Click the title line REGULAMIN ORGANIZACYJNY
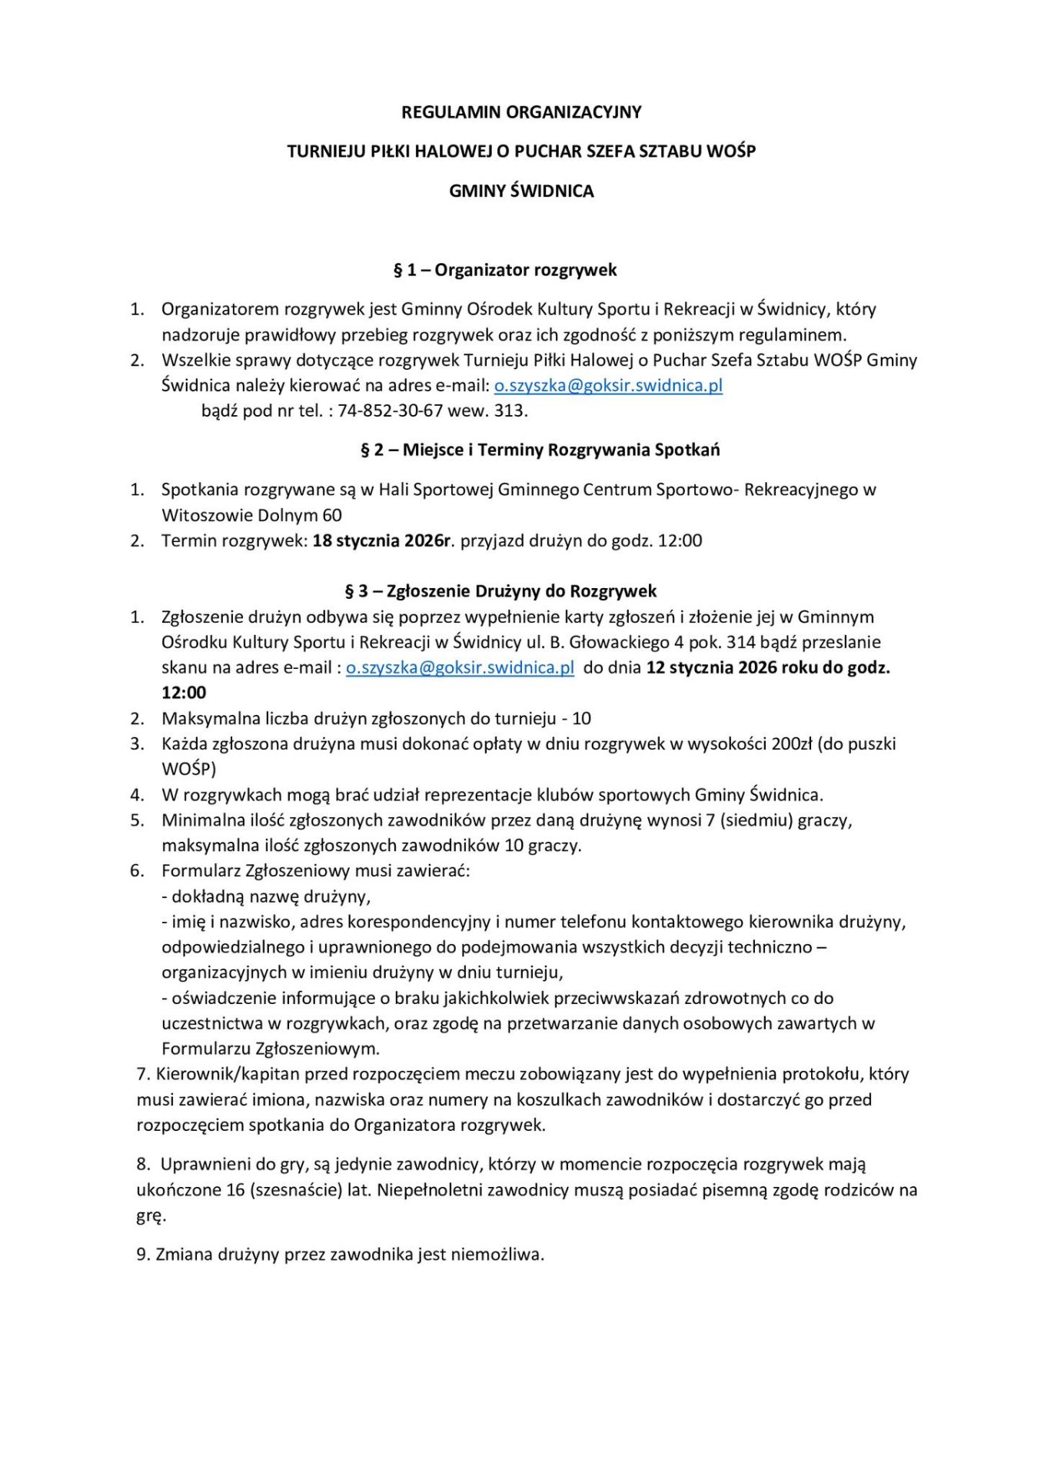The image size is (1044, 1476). tap(521, 112)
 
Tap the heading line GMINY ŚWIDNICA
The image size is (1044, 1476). tap(521, 191)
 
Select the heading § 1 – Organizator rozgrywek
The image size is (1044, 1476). tap(505, 270)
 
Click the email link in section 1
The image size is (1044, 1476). tap(608, 385)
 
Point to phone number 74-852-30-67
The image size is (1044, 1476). tap(391, 411)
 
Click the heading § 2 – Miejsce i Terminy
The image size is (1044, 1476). tap(540, 450)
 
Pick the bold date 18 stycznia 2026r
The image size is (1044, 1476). tap(381, 540)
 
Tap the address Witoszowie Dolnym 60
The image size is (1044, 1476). tap(251, 515)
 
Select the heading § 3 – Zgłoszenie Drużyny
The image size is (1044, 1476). tap(500, 591)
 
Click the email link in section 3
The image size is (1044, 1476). tap(460, 667)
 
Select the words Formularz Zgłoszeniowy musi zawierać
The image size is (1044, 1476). tap(315, 870)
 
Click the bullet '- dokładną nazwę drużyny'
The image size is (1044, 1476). tap(266, 896)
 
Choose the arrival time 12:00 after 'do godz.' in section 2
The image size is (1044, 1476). tap(680, 540)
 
